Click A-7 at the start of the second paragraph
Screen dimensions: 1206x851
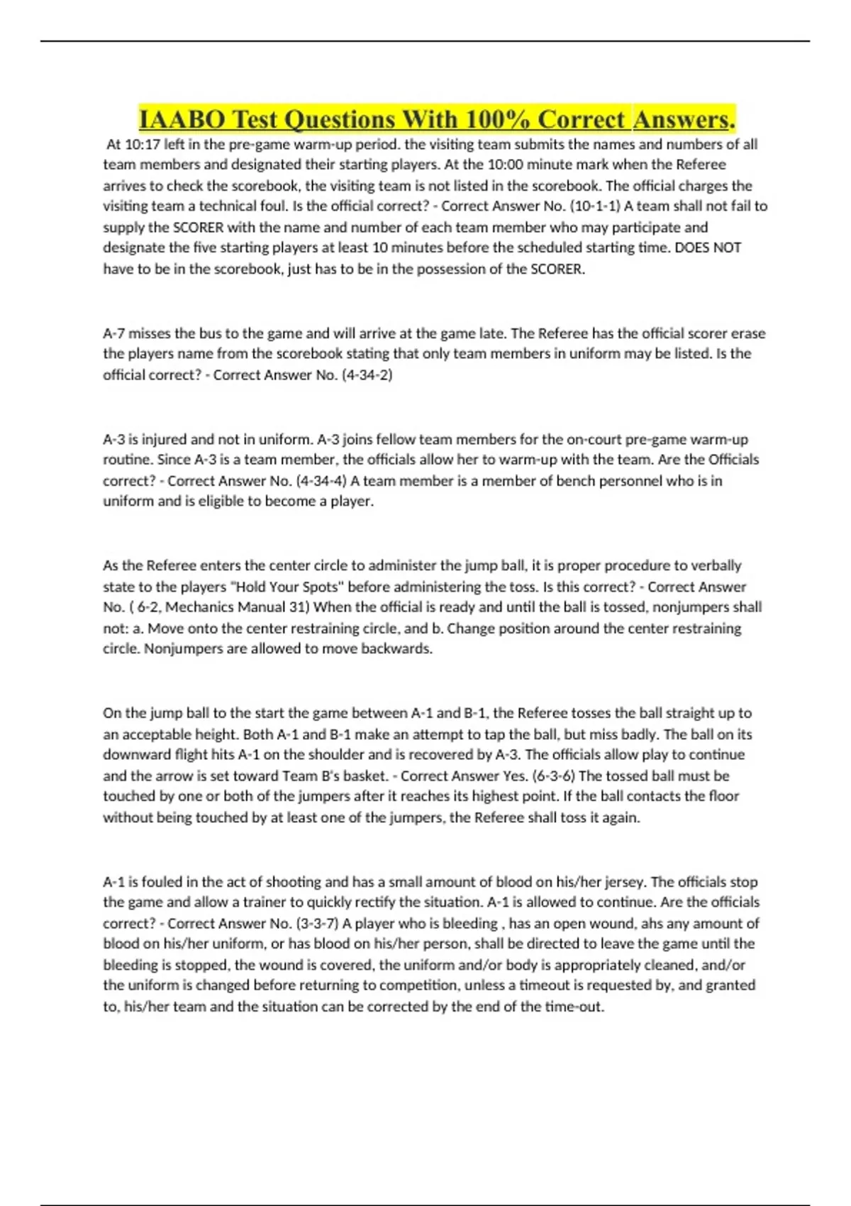click(x=114, y=333)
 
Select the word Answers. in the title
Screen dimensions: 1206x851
click(x=684, y=119)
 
